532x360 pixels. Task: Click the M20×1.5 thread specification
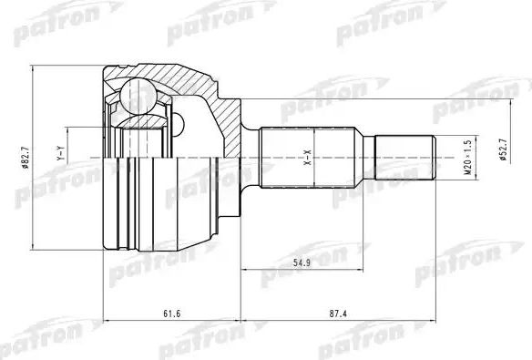[x=467, y=157]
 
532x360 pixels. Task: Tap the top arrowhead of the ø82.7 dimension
[x=34, y=68]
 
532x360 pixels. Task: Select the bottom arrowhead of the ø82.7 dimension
[x=34, y=247]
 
